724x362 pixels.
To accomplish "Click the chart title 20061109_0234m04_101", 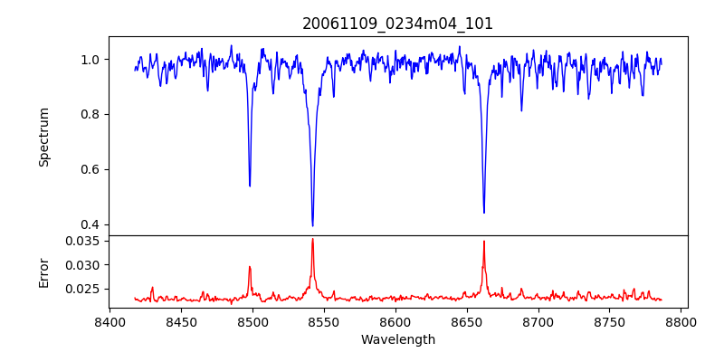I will point(397,24).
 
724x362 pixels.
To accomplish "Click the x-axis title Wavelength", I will point(397,339).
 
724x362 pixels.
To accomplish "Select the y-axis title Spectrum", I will point(44,137).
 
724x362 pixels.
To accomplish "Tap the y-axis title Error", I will point(44,271).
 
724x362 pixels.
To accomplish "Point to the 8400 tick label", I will point(110,321).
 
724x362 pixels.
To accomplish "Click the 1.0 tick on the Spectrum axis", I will point(91,60).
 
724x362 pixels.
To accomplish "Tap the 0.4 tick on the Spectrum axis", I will point(91,224).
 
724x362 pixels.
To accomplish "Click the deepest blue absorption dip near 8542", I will point(312,225).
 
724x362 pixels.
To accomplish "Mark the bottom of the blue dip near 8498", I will point(250,186).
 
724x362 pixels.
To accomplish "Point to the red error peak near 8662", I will point(484,242).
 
